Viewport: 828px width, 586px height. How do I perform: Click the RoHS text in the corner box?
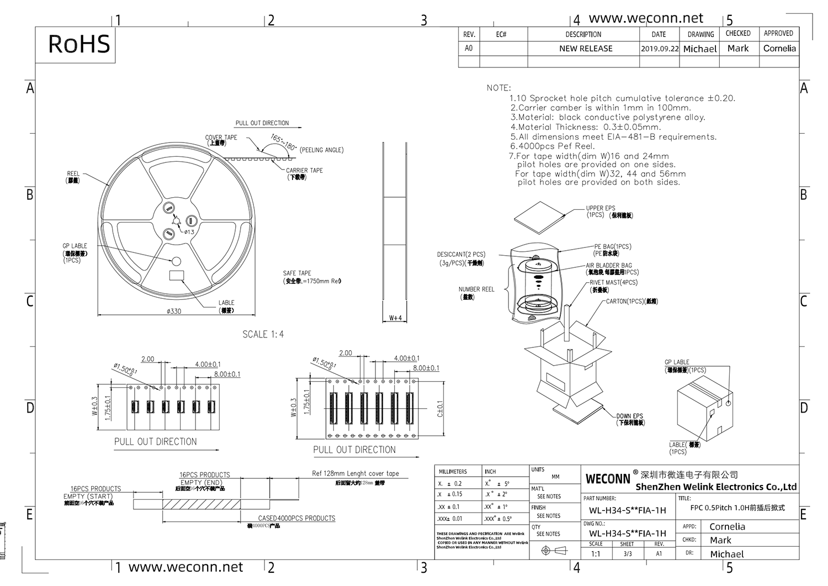tap(79, 44)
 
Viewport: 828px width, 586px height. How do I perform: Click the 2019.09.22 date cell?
tap(659, 49)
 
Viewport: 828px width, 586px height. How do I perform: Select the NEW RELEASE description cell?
tap(586, 49)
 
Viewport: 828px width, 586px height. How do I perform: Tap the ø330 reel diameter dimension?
tap(174, 312)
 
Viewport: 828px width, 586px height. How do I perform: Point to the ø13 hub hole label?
tap(189, 231)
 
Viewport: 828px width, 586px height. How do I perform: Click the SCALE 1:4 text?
tap(263, 334)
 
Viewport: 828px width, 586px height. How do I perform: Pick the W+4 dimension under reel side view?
tap(395, 318)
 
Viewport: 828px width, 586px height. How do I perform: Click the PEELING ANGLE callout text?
tap(321, 150)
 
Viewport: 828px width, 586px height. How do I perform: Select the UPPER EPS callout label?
tap(601, 209)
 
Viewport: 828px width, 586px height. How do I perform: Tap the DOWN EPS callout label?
tap(630, 416)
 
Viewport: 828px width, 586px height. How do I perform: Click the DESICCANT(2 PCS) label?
tap(461, 255)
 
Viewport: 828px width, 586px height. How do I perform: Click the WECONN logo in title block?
tap(607, 479)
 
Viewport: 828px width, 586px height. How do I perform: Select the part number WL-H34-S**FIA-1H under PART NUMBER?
tap(627, 510)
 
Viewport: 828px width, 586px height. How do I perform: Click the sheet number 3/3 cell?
tap(627, 553)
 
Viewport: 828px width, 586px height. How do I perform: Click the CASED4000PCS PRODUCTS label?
tap(296, 518)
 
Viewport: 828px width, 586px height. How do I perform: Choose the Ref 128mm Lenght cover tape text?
tap(355, 473)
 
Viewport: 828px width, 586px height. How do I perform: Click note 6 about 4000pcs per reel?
tap(552, 146)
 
